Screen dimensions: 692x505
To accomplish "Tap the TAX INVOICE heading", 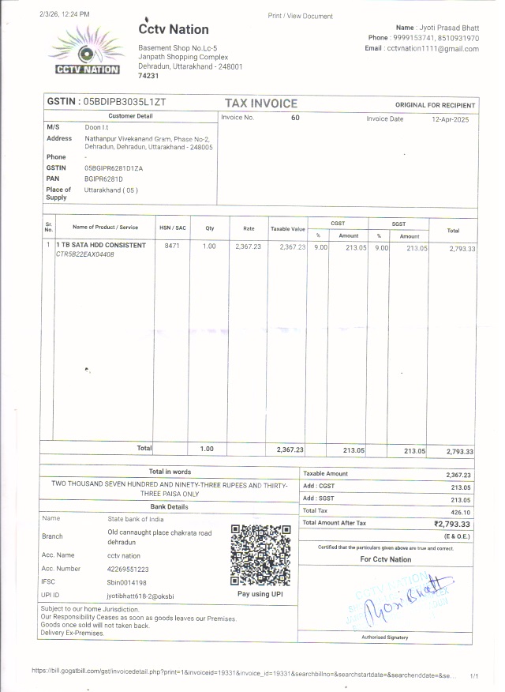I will (261, 103).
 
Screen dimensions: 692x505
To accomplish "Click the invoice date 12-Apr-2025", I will (451, 118).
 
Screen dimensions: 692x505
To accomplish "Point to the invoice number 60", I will (295, 118).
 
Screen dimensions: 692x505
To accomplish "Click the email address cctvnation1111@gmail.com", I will (432, 49).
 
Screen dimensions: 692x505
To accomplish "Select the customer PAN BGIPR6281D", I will (103, 179).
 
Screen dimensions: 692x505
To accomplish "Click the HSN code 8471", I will (172, 246).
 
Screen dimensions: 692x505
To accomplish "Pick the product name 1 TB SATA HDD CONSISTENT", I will (100, 246).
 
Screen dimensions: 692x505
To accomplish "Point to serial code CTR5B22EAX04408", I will (84, 254).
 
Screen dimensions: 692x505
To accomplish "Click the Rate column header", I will (249, 228).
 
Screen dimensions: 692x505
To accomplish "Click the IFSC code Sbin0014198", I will (127, 582).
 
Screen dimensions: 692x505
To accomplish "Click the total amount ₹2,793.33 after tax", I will (452, 524).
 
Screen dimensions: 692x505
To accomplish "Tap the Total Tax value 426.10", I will (458, 511).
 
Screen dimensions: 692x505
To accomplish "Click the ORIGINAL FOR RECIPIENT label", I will (435, 105).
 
